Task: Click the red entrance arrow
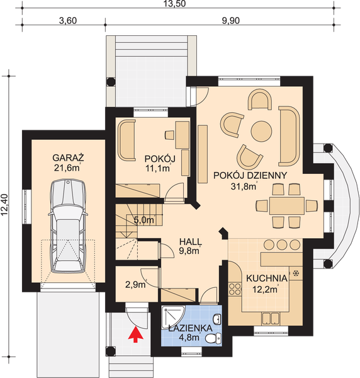(x=135, y=335)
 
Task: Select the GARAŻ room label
(x=68, y=158)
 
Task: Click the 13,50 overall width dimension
(x=175, y=4)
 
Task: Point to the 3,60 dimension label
(x=68, y=21)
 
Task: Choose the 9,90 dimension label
(x=231, y=21)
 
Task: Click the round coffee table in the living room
(x=261, y=131)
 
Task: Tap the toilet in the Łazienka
(x=213, y=338)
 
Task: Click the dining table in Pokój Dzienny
(x=287, y=205)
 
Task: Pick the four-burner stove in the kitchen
(x=235, y=289)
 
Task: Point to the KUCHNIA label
(x=267, y=278)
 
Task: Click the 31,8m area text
(x=244, y=186)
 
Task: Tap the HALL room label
(x=190, y=241)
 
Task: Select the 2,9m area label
(x=136, y=285)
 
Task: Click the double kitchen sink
(x=271, y=318)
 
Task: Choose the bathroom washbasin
(x=217, y=319)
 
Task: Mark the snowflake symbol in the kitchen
(x=295, y=273)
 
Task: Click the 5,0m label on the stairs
(x=143, y=220)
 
